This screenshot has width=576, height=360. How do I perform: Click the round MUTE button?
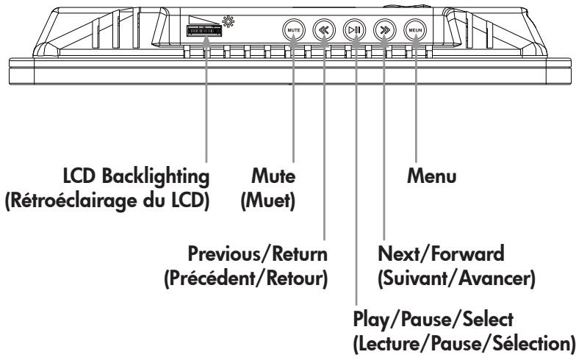(x=294, y=30)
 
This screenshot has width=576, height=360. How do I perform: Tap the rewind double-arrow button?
(x=324, y=30)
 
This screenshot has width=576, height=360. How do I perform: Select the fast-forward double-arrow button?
(x=385, y=30)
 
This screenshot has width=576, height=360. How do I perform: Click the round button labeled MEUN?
(x=415, y=30)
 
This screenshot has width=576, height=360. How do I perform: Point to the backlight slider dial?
(x=204, y=31)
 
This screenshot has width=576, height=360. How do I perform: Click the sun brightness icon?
(x=228, y=22)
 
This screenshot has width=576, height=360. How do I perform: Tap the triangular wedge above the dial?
(x=204, y=21)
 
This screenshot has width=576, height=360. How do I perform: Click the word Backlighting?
(x=156, y=176)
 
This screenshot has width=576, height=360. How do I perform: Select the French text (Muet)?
(x=267, y=201)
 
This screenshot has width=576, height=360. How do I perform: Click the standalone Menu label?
(x=432, y=176)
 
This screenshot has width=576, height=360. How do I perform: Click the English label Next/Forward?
(x=441, y=254)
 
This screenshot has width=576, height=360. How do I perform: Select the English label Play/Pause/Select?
(x=433, y=320)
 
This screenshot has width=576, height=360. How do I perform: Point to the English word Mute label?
(x=273, y=176)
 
